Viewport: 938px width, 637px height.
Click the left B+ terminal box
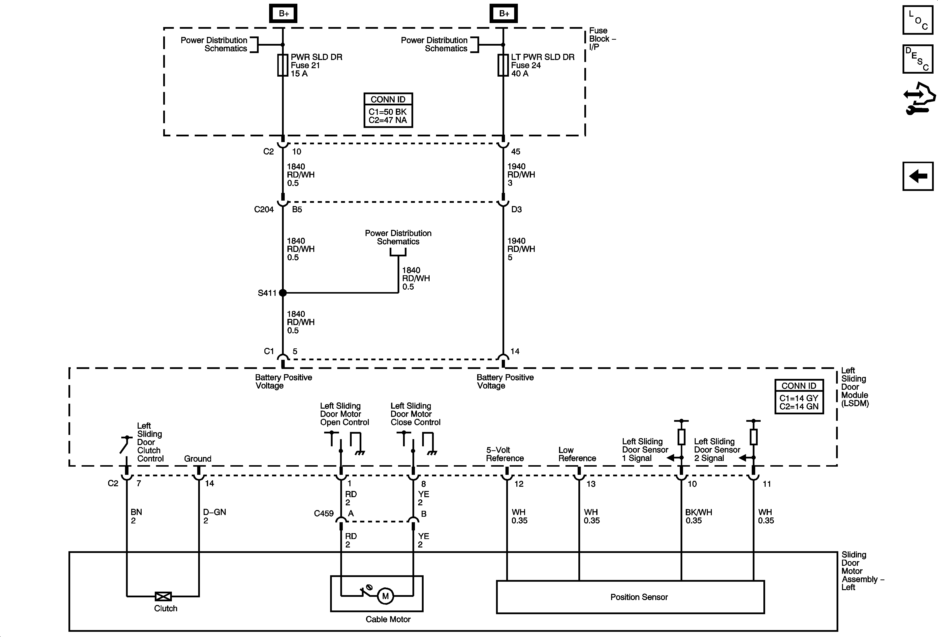[x=283, y=14]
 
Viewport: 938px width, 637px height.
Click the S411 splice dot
[x=283, y=293]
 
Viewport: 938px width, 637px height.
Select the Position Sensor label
[x=639, y=597]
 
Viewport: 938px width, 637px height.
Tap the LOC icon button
[x=917, y=20]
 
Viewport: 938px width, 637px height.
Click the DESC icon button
[x=917, y=59]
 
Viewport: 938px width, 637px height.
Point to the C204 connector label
[x=264, y=209]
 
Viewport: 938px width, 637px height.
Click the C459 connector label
[x=324, y=514]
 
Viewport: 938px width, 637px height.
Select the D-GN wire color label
[x=214, y=512]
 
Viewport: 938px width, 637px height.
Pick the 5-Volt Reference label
[x=504, y=454]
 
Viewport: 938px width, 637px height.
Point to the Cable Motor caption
[x=388, y=619]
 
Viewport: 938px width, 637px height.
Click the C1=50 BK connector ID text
[x=387, y=112]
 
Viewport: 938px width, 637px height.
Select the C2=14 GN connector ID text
[x=799, y=407]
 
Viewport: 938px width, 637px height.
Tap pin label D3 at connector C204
[x=516, y=209]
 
